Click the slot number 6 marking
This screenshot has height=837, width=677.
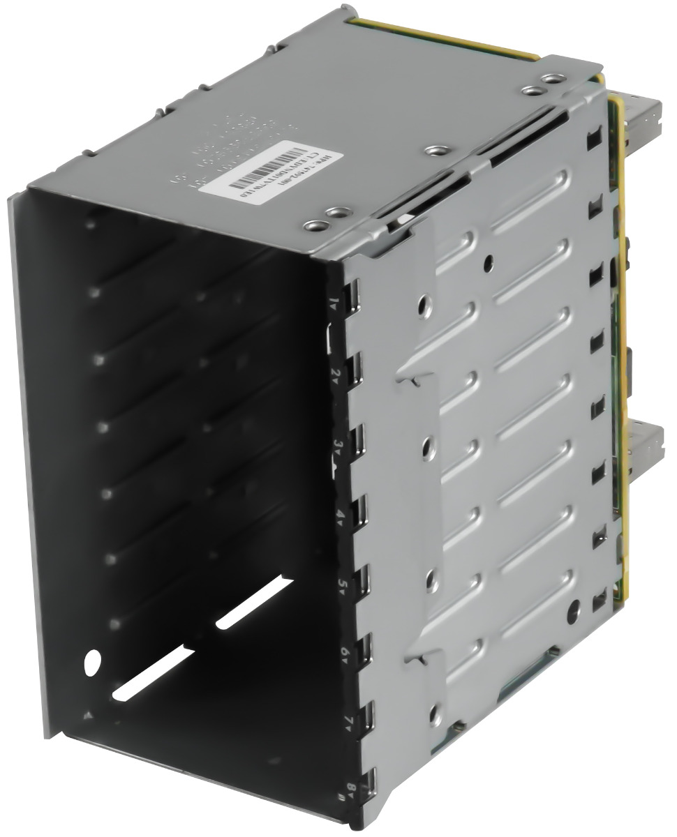tap(345, 654)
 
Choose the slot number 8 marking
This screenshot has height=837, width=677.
tap(351, 790)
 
